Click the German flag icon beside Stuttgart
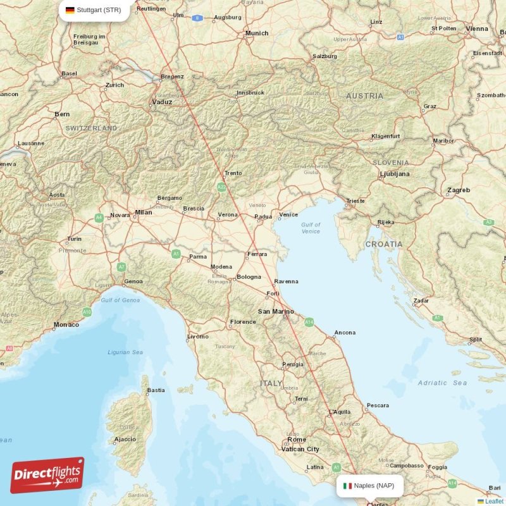70,10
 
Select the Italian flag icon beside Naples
347,486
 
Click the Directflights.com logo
47,475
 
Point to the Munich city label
256,33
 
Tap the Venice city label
288,214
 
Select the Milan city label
143,213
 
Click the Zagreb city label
459,190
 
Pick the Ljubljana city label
394,173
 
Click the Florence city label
243,322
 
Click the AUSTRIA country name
364,96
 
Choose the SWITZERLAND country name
92,128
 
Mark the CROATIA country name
384,244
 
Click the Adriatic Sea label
442,383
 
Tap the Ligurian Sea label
125,352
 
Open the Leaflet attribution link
494,501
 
